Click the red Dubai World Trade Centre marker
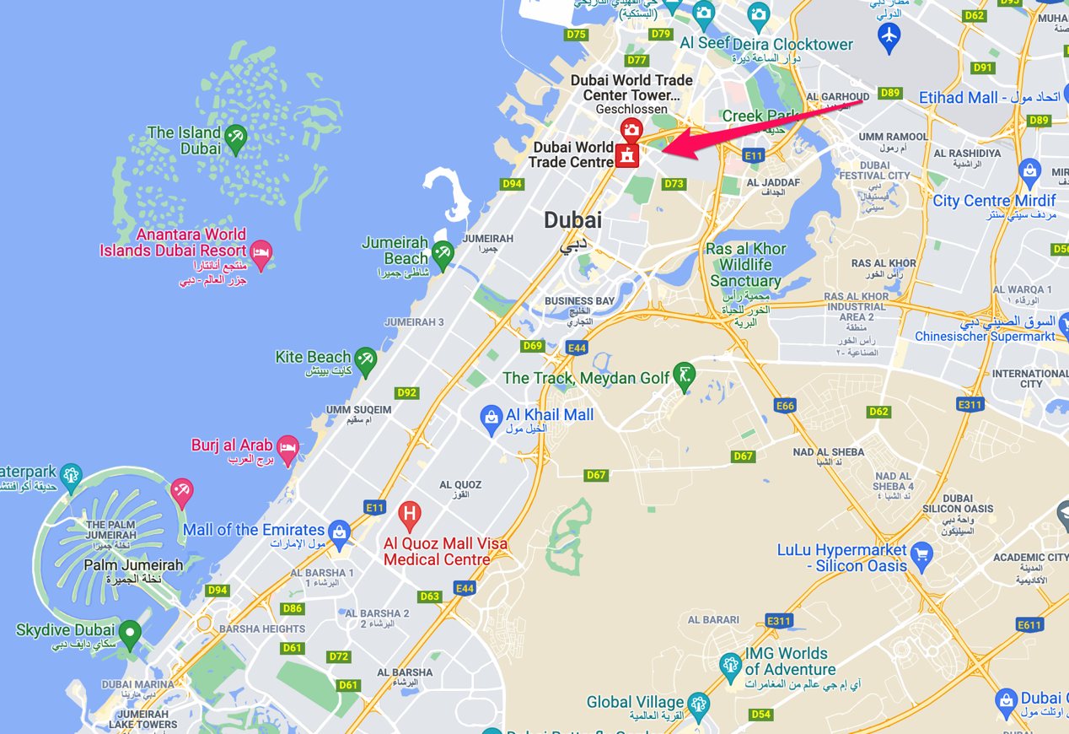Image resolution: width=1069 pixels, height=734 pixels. tap(626, 155)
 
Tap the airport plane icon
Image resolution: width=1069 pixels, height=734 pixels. tap(889, 36)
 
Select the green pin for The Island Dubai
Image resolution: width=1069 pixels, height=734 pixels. tap(235, 138)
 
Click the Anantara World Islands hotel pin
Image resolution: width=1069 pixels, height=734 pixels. tap(261, 253)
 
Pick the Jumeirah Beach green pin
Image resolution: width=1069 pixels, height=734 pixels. tap(442, 252)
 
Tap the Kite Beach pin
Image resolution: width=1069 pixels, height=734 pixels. tap(365, 359)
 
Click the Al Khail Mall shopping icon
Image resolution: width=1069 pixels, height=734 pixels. tap(491, 417)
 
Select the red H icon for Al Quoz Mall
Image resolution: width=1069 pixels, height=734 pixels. tap(410, 513)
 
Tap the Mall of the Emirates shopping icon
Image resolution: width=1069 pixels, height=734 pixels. tap(340, 532)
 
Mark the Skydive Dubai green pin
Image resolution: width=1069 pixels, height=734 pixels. tap(129, 633)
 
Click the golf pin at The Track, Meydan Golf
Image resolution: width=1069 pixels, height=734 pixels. tap(684, 375)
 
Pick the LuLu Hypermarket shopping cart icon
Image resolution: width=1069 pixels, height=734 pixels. tap(921, 555)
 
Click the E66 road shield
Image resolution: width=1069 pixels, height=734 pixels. tap(785, 406)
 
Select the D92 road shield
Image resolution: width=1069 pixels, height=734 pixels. tap(407, 392)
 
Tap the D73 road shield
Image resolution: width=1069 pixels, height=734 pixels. tap(674, 183)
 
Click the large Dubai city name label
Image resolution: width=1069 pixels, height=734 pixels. tap(573, 220)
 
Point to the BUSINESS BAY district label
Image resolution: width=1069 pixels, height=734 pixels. tap(580, 301)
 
